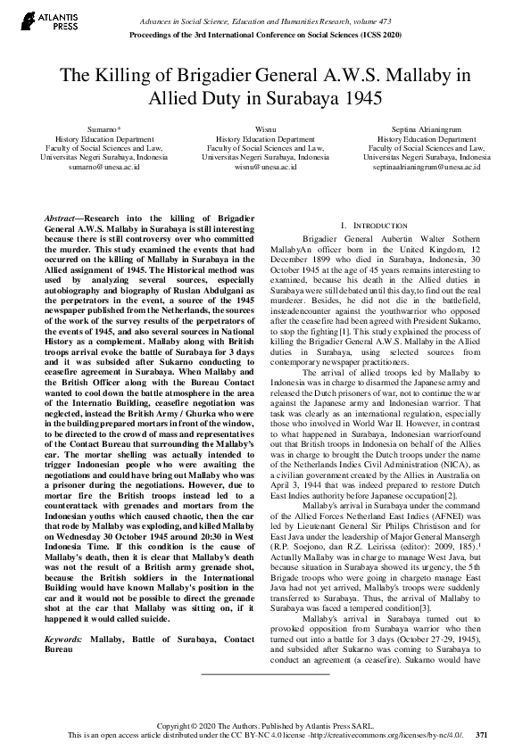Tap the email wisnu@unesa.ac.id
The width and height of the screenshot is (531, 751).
pos(265,167)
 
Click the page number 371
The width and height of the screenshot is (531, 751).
pos(482,735)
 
